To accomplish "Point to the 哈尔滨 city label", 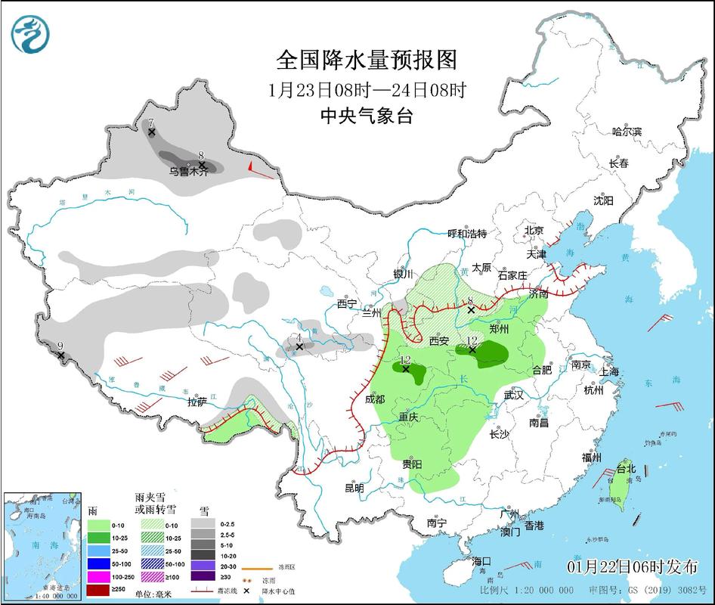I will click(x=627, y=132).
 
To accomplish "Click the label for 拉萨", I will click(x=197, y=402).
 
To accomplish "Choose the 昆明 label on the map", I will click(x=354, y=488).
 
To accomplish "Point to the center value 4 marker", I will click(x=300, y=346).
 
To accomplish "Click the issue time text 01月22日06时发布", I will click(x=631, y=567).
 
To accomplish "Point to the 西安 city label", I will click(x=439, y=341).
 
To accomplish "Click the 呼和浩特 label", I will click(x=467, y=234).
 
